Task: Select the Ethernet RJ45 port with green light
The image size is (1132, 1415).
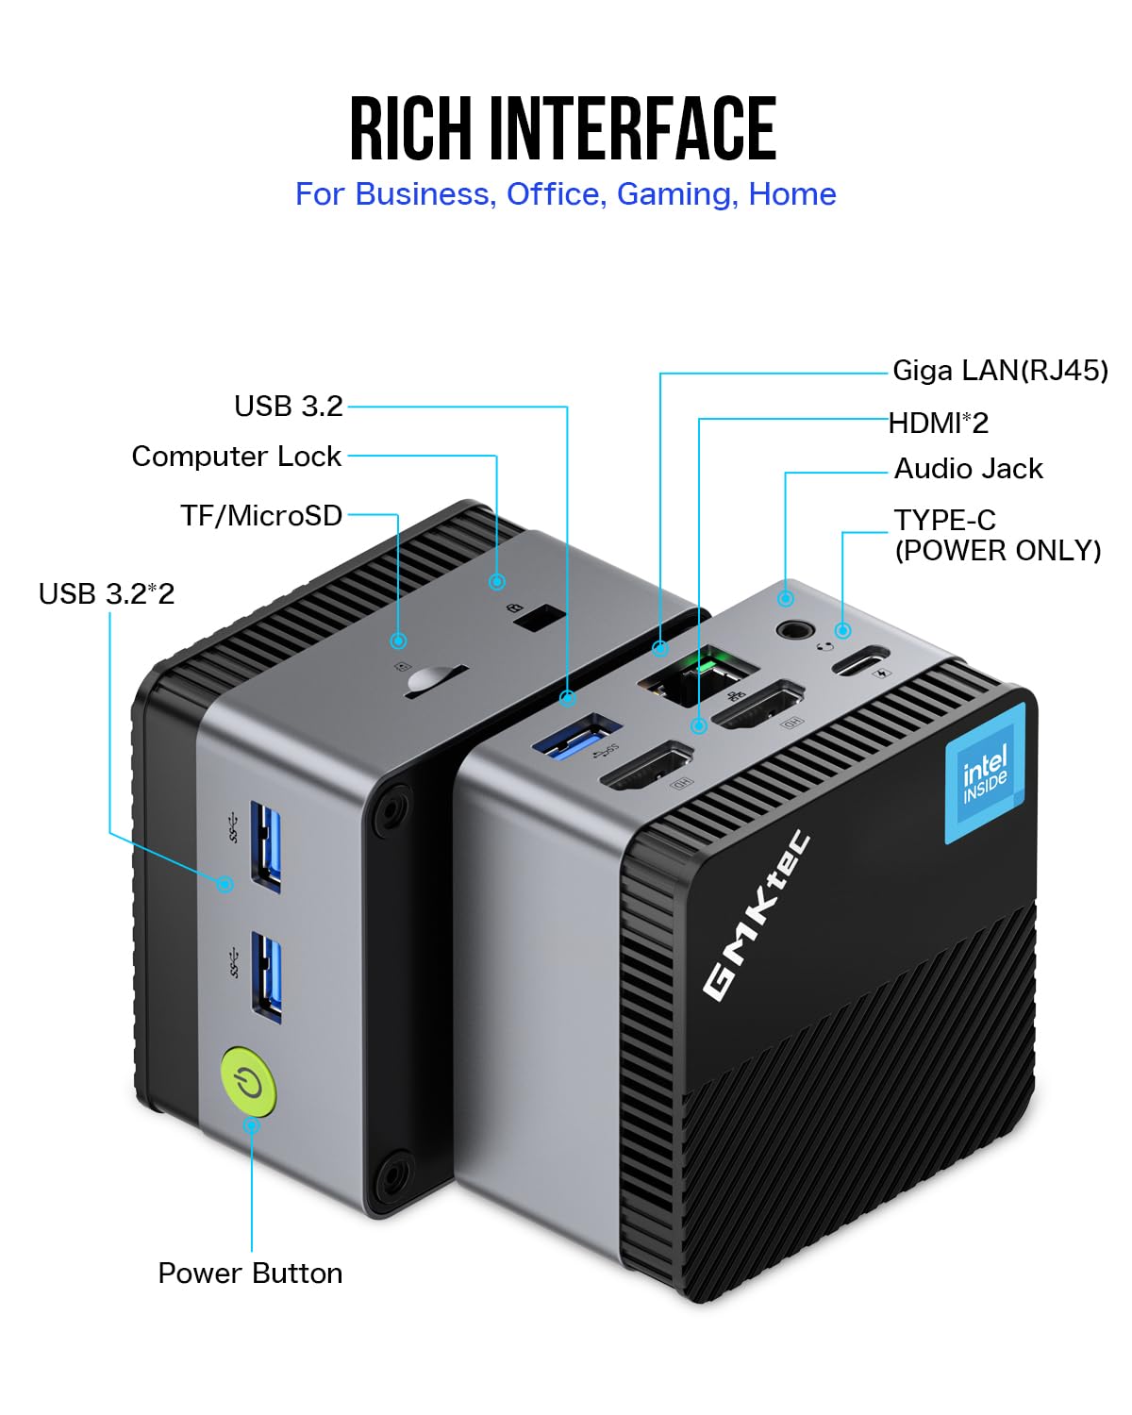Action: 698,676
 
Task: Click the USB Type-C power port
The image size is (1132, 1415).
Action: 859,658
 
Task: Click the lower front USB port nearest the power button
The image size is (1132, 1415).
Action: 266,976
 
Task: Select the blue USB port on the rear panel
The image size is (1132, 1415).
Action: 576,736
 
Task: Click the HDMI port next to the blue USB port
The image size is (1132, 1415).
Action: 646,765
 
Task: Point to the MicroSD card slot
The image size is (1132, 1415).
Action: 435,683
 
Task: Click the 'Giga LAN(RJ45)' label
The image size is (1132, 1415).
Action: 1000,371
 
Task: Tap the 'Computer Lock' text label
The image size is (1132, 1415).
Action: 236,457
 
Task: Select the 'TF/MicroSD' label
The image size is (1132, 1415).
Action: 261,516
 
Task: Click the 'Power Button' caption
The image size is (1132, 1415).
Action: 250,1273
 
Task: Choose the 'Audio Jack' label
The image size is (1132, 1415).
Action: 968,469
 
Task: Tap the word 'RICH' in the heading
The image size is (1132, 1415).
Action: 410,129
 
